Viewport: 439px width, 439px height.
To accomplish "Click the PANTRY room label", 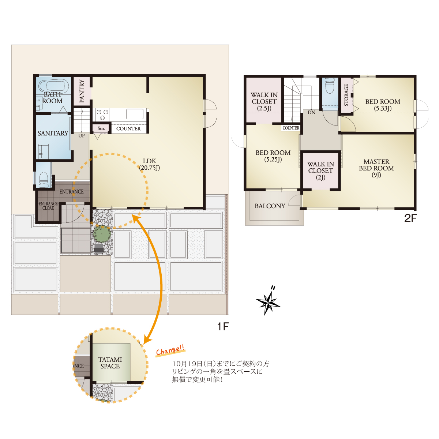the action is [82, 91].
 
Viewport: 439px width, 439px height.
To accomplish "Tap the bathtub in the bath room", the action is [53, 86].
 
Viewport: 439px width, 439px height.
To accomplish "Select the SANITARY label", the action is [53, 133].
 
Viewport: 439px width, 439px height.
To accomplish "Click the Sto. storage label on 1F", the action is [101, 128].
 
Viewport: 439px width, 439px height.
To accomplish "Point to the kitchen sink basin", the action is [135, 114].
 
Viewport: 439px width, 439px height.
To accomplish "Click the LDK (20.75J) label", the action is [150, 164].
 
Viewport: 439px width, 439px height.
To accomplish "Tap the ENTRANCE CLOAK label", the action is [48, 206].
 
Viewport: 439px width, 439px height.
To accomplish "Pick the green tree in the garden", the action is [102, 233].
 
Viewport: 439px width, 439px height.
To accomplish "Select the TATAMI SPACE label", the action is [110, 363].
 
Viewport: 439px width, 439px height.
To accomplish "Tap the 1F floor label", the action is [223, 327].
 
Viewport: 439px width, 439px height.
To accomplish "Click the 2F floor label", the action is [410, 218].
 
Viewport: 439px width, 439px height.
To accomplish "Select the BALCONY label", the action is [270, 206].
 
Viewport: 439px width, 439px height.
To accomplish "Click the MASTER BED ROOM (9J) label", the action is [376, 168].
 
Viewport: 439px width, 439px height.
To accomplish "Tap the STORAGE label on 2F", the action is [346, 95].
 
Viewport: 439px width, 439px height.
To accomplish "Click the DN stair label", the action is [311, 112].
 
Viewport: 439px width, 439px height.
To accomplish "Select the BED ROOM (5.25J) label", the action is [273, 156].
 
